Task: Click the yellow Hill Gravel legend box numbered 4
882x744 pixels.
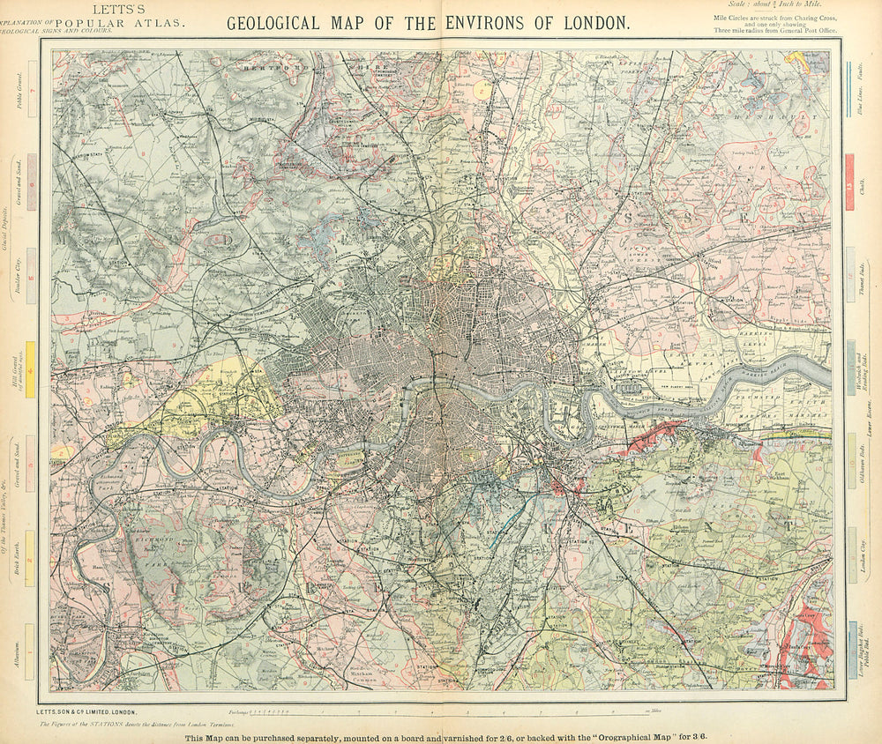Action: tap(31, 362)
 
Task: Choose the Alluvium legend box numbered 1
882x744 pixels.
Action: tap(31, 646)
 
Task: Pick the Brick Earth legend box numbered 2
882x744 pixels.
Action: tap(31, 555)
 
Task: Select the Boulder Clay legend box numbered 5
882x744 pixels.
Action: tap(31, 264)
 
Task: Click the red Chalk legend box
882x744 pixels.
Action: tap(850, 182)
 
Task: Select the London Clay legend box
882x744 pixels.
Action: tap(850, 552)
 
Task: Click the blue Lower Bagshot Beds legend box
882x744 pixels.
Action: tap(850, 647)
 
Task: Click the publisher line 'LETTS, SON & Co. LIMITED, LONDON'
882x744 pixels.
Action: tap(87, 711)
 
